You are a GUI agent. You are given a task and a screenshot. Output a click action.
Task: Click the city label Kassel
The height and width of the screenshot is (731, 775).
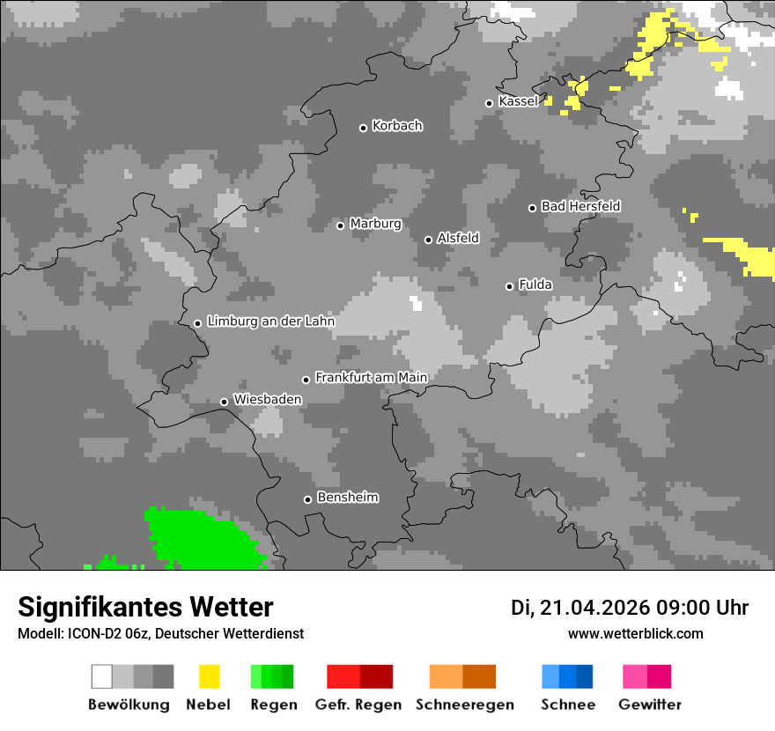pos(518,101)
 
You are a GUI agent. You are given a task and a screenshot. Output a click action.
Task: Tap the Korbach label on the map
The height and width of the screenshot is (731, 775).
pos(397,126)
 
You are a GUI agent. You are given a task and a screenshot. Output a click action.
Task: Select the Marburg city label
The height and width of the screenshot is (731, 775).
pos(375,224)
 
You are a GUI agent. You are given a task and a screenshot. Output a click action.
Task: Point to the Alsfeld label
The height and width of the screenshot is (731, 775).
pos(458,238)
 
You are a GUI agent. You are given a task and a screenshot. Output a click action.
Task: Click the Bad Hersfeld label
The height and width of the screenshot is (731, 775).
pos(580,206)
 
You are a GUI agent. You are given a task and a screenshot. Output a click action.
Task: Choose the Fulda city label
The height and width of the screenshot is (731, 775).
pos(535,284)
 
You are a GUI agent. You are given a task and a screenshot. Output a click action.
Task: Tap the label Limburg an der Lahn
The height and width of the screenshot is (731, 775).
pos(271,321)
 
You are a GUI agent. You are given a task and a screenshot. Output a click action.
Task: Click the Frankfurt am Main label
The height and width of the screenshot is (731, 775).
pos(371,377)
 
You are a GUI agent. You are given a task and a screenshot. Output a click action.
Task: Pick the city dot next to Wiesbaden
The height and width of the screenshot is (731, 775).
pos(225,402)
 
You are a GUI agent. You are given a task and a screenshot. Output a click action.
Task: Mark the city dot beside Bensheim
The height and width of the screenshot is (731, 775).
pos(307,499)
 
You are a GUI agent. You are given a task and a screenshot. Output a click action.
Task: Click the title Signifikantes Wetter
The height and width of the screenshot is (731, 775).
pos(145,607)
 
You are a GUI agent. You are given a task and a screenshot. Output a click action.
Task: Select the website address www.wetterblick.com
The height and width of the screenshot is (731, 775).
pos(635,633)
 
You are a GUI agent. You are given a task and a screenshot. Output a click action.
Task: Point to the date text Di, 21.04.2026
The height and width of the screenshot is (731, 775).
pos(579,608)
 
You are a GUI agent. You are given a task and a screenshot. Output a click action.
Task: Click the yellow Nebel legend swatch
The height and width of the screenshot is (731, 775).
pos(209,676)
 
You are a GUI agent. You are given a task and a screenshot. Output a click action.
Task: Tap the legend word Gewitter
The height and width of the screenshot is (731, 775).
pos(650,705)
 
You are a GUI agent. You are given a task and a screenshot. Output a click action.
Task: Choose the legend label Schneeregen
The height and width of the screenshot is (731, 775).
pos(465,705)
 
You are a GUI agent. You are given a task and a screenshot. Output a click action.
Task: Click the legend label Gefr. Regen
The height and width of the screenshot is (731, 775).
pos(358,705)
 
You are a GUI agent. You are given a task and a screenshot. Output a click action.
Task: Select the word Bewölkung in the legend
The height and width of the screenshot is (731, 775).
pos(129,705)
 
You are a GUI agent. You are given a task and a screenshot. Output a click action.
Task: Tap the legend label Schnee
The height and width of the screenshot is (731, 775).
pos(568,705)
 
